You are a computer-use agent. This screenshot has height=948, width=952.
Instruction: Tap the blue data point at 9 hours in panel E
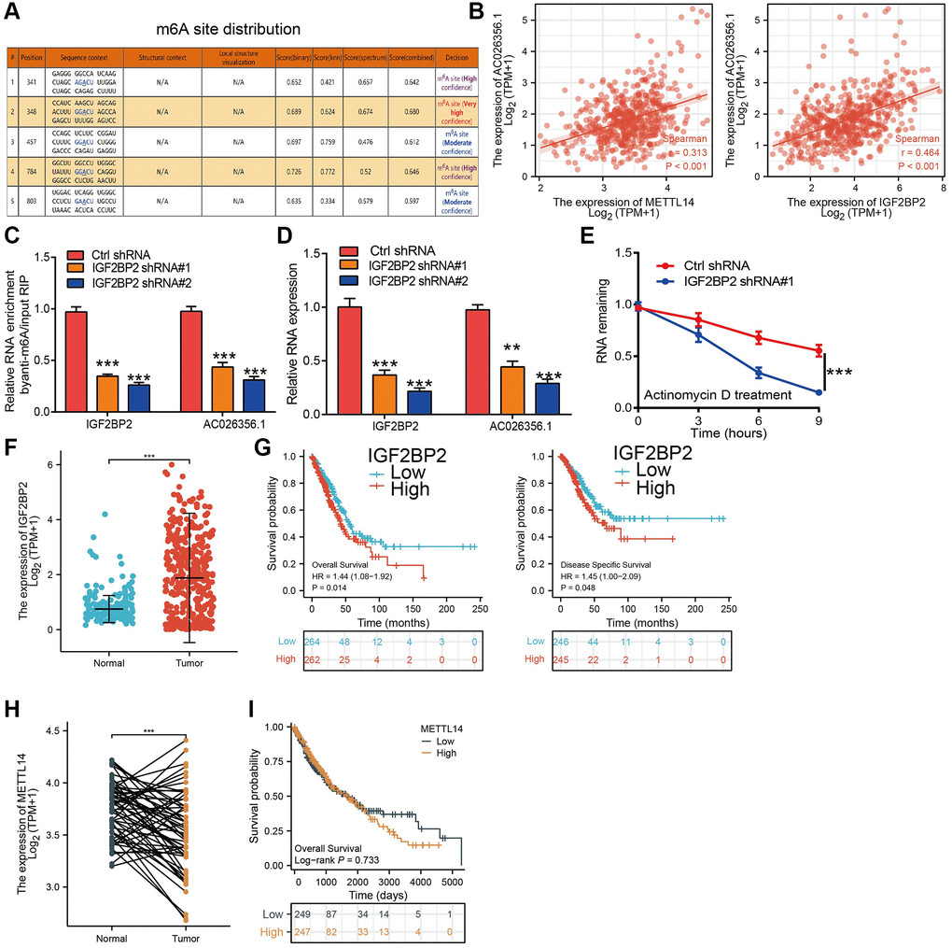tap(818, 392)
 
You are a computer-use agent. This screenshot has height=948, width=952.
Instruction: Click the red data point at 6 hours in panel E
tap(760, 337)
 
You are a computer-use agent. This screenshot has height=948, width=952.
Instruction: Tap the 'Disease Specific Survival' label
tap(605, 565)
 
